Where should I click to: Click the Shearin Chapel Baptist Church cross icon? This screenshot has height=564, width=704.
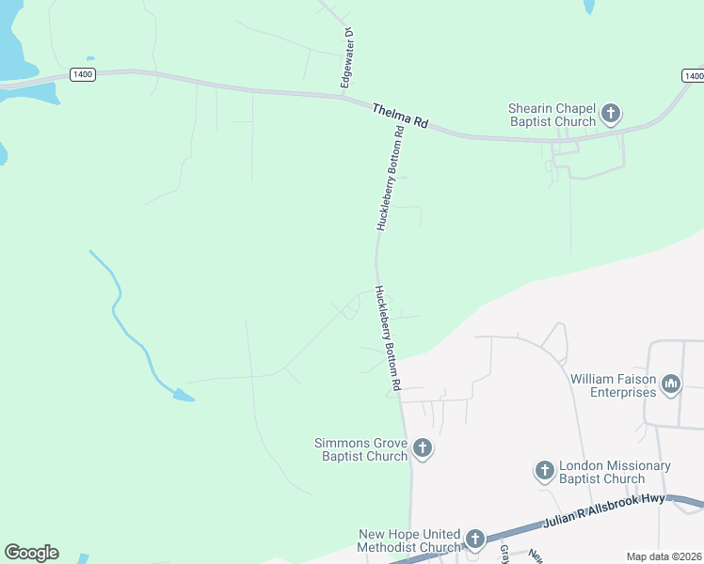(610, 115)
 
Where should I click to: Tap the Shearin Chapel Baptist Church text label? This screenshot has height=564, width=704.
(552, 115)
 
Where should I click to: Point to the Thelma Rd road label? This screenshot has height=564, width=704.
(400, 117)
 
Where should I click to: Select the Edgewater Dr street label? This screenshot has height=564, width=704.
(347, 58)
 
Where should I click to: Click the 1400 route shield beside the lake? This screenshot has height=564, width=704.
(82, 74)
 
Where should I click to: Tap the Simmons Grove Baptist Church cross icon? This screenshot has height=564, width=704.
(423, 448)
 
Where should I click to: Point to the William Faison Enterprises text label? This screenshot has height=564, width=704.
(613, 385)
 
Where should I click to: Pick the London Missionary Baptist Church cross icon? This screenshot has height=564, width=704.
(544, 471)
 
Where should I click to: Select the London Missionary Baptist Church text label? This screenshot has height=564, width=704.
(615, 472)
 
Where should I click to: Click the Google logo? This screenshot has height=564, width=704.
(31, 553)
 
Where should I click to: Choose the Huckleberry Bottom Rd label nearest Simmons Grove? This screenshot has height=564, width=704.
(388, 338)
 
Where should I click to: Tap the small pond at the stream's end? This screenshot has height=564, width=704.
(183, 396)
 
